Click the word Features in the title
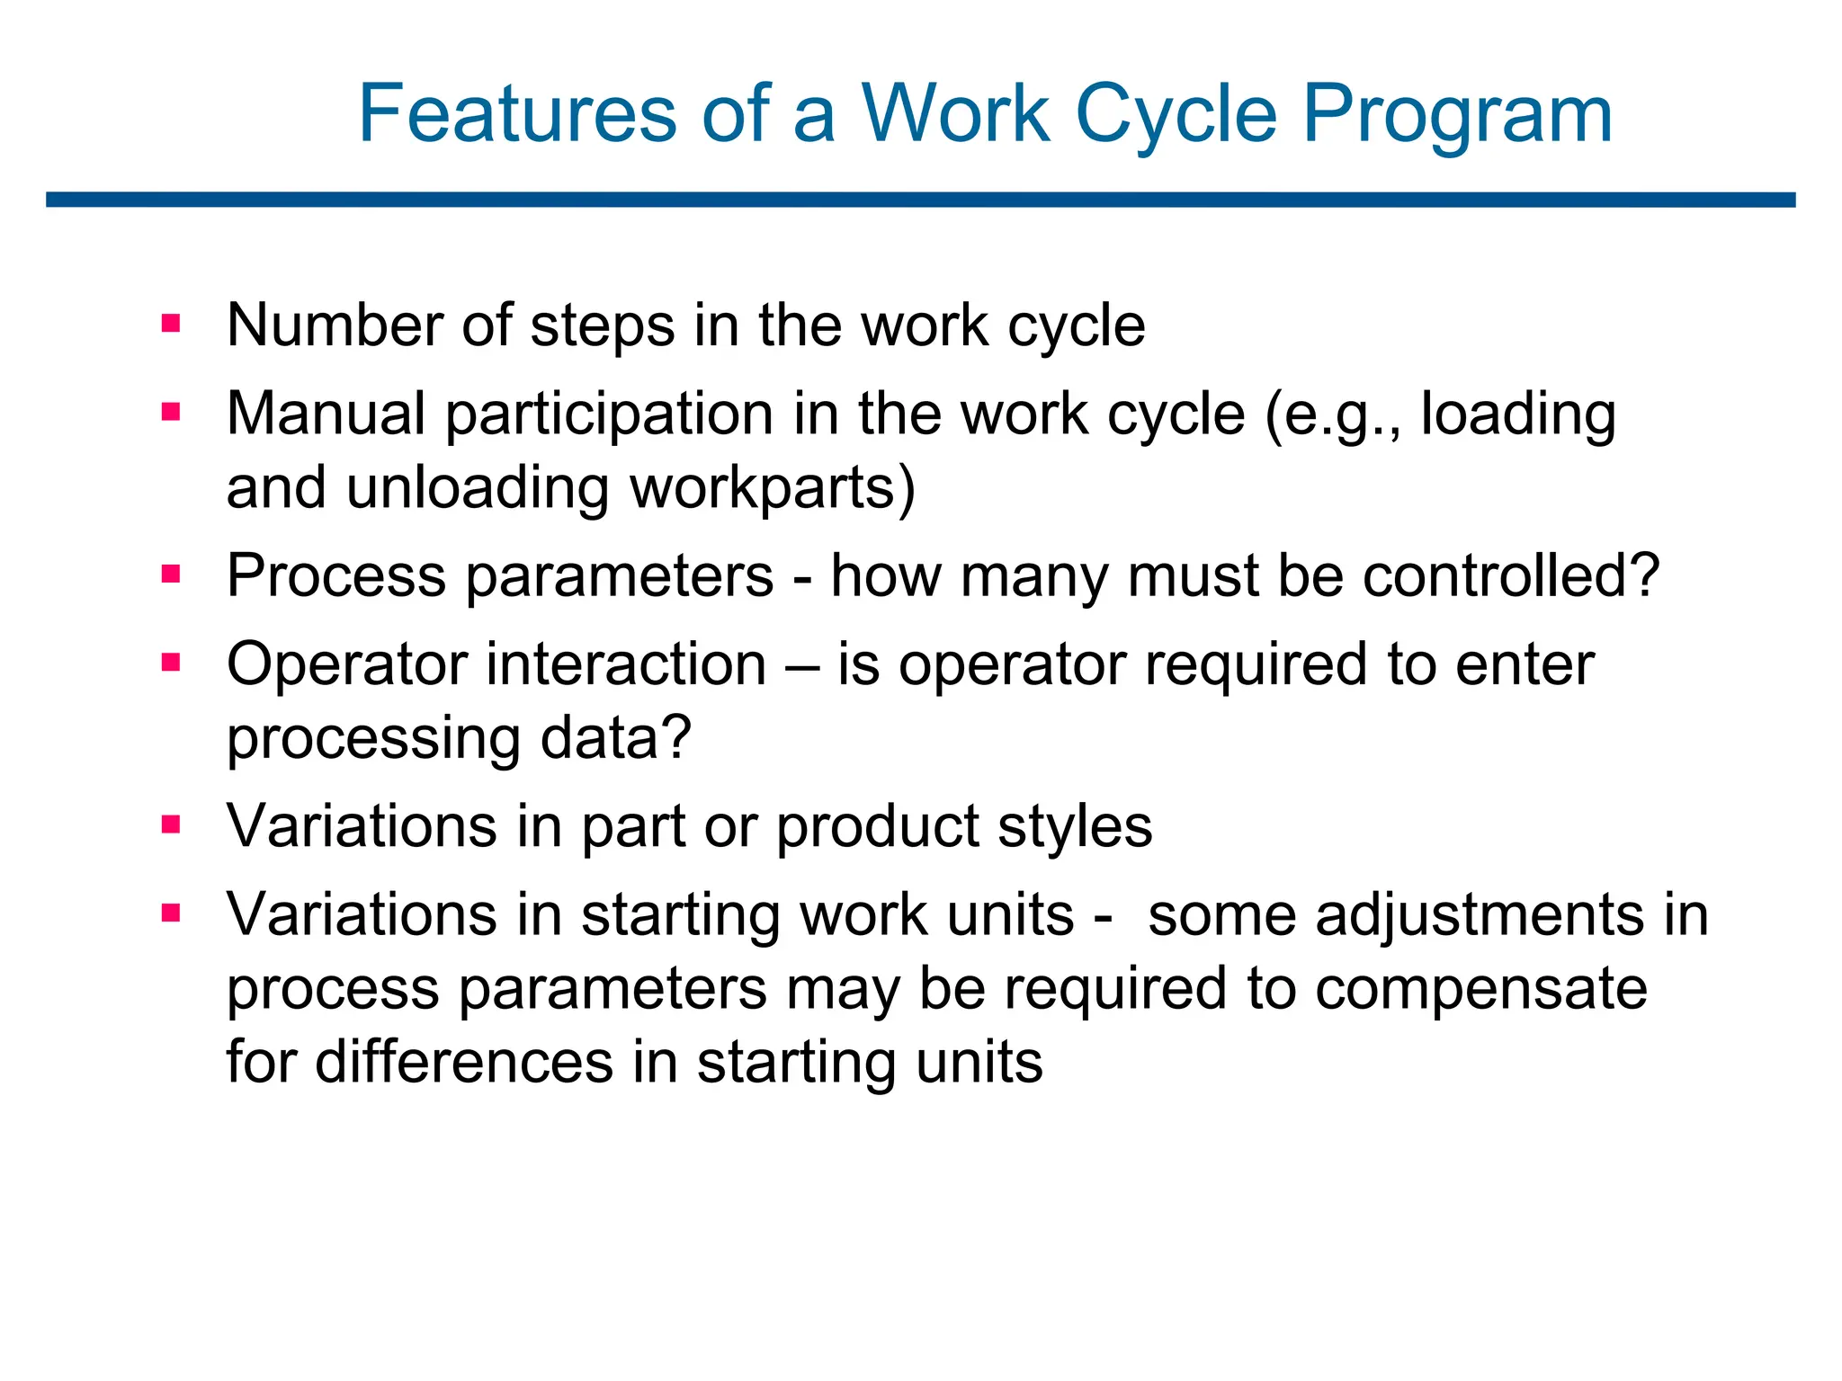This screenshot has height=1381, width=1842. pyautogui.click(x=516, y=114)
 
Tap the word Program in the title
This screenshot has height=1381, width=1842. pyautogui.click(x=1457, y=114)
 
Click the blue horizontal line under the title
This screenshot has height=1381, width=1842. pyautogui.click(x=921, y=200)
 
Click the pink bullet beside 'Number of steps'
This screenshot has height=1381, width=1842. pyautogui.click(x=171, y=323)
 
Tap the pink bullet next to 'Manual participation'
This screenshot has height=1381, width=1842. pyautogui.click(x=171, y=412)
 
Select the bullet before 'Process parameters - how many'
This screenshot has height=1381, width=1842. pyautogui.click(x=171, y=574)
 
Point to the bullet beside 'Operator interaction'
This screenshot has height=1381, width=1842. pyautogui.click(x=171, y=663)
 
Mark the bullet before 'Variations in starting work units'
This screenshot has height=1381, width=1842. pyautogui.click(x=171, y=913)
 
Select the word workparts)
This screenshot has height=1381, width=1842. pyautogui.click(x=772, y=488)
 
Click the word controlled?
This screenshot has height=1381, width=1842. pyautogui.click(x=1510, y=575)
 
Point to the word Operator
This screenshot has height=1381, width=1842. pyautogui.click(x=347, y=665)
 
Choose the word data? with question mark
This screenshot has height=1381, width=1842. pyautogui.click(x=615, y=737)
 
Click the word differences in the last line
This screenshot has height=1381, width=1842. pyautogui.click(x=464, y=1062)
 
